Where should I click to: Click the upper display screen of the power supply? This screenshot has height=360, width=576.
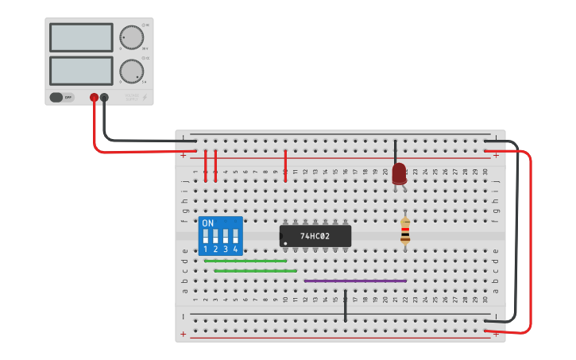(x=81, y=37)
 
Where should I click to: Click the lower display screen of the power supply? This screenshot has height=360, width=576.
(x=81, y=71)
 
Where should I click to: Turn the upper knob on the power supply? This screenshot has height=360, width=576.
(x=131, y=37)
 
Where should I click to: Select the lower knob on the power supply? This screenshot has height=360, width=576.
(x=131, y=71)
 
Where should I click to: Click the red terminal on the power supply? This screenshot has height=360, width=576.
(x=94, y=97)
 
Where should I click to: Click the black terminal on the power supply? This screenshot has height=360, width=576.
(x=104, y=97)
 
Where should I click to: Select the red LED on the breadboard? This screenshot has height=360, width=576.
(x=399, y=172)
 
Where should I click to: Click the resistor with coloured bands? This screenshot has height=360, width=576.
(x=405, y=230)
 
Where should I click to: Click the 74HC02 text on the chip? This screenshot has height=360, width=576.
(x=315, y=236)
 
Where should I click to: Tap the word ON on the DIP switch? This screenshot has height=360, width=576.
(x=208, y=223)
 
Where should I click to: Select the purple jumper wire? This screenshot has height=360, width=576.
(x=355, y=281)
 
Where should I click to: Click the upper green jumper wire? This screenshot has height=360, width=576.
(x=245, y=261)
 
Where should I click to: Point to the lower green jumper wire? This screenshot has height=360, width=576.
(x=255, y=271)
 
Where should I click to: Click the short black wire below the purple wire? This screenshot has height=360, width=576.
(x=346, y=306)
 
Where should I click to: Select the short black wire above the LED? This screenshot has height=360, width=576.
(x=396, y=151)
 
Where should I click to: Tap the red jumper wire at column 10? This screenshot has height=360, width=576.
(x=285, y=165)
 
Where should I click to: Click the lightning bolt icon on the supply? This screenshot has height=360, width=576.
(x=144, y=97)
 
